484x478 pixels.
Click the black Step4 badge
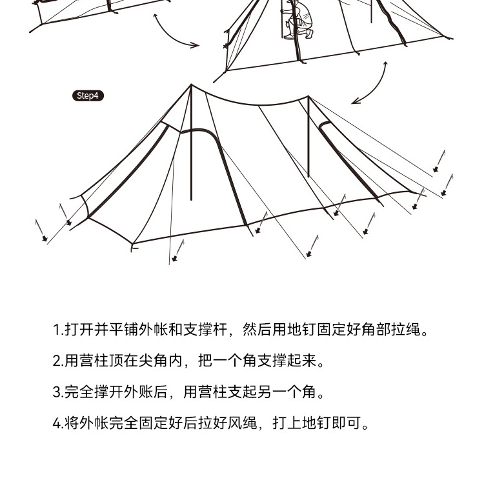tap(87, 96)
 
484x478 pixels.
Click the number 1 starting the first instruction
tap(56, 330)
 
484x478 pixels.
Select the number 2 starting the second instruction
tap(57, 361)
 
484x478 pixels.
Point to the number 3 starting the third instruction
tap(57, 392)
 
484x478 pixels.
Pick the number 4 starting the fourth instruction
tap(57, 423)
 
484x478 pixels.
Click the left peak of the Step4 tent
tap(191, 86)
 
